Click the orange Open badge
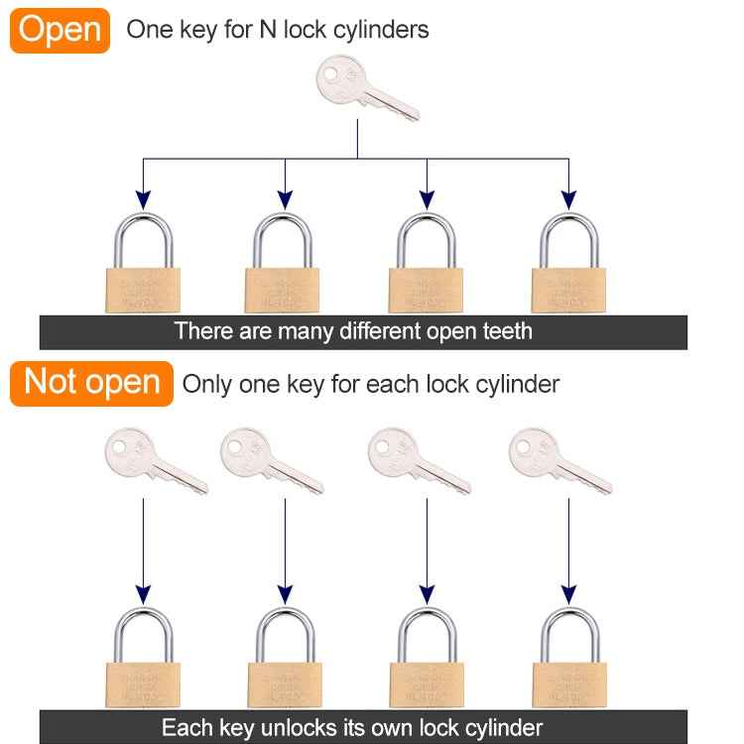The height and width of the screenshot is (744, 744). point(60,30)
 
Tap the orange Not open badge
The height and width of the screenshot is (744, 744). point(91,383)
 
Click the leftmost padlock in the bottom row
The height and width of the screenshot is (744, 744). point(143,660)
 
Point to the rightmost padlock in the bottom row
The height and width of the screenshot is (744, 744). point(569,660)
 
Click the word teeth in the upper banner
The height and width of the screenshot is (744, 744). point(503,331)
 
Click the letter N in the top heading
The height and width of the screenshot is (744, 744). point(266,30)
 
